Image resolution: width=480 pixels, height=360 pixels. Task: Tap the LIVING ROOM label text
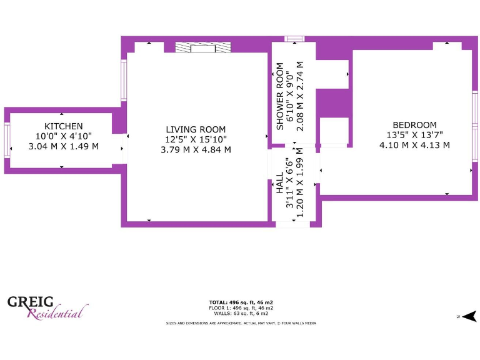coord(196,129)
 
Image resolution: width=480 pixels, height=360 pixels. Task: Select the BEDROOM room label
coord(414,124)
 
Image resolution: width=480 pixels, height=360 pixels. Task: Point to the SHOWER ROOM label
coord(280,96)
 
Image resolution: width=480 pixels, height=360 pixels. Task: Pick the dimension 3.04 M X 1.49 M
coord(64,146)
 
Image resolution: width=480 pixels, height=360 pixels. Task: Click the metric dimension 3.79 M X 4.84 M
coord(196,149)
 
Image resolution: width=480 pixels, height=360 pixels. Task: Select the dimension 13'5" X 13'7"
coord(414,135)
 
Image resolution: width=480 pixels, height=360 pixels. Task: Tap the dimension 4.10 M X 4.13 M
coord(414,145)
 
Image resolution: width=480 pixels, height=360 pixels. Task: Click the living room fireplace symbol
coord(203,47)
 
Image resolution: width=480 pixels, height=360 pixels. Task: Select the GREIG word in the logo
coord(31,302)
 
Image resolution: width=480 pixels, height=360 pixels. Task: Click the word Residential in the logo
coord(55,312)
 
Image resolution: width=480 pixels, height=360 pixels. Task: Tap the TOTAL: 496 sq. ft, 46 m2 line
coord(241,302)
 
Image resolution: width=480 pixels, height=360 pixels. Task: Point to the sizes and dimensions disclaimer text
coord(241,323)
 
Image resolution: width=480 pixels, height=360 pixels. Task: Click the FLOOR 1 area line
coord(241,308)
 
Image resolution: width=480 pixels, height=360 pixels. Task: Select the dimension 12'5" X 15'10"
coord(196,139)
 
